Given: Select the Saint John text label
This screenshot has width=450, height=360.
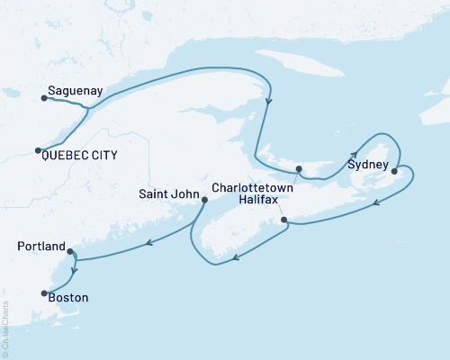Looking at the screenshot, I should (168, 193).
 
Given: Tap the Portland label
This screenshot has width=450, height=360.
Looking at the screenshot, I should (41, 246).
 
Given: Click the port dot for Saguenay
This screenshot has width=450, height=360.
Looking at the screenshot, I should (42, 99).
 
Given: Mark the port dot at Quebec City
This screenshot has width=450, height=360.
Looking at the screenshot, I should (37, 150).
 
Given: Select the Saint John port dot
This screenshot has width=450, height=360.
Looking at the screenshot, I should (203, 201).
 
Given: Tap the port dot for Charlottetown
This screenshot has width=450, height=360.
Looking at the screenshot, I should (300, 168).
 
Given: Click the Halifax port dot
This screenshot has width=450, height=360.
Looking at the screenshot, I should (283, 220).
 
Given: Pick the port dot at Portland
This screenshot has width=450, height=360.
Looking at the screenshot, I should (69, 253).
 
